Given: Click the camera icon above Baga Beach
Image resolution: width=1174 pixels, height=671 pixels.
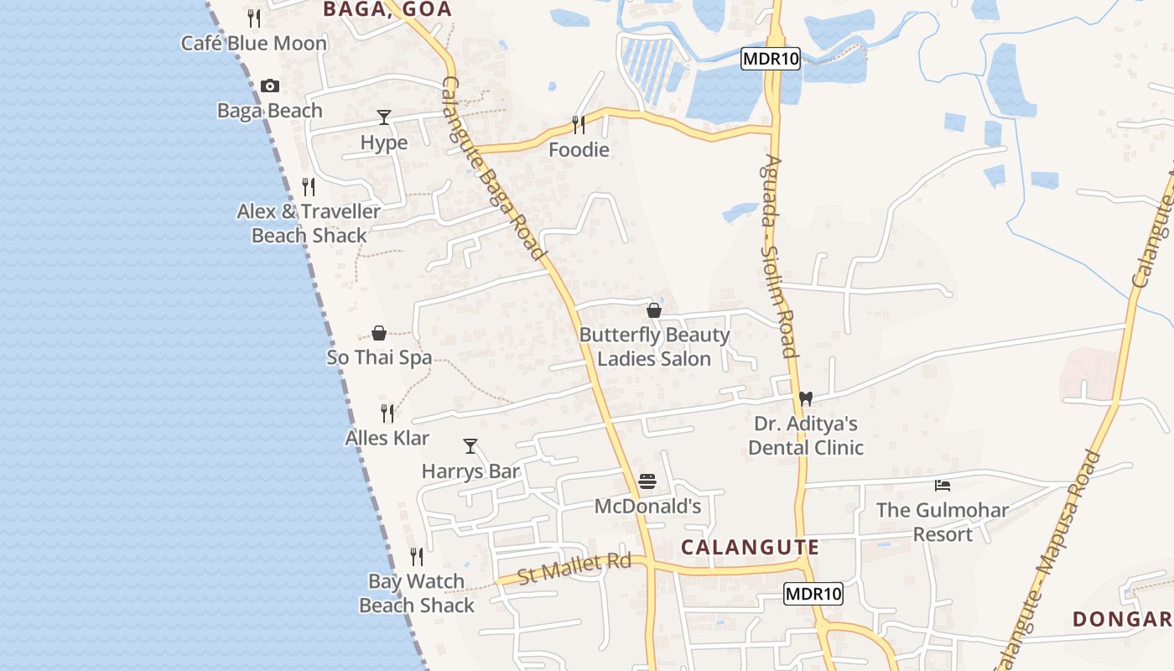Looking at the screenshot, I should click(x=269, y=86).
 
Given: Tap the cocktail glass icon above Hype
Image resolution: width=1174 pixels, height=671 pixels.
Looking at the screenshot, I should click(x=384, y=117).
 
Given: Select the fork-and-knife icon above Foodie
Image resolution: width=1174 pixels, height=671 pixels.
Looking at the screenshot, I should click(x=579, y=125).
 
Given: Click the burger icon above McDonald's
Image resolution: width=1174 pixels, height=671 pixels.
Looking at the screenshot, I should click(x=647, y=481).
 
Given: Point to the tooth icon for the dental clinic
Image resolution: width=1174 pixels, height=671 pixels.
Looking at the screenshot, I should click(x=806, y=399).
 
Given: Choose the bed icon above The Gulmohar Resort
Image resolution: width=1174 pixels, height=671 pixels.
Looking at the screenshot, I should click(x=943, y=485).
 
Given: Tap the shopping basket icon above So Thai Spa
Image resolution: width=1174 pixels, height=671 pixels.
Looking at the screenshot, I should click(x=379, y=333).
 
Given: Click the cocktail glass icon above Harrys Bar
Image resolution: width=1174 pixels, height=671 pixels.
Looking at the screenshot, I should click(x=470, y=446).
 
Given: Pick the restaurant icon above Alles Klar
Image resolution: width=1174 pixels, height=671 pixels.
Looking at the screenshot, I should click(x=387, y=414).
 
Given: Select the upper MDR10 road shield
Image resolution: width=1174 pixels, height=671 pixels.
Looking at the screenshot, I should click(x=771, y=58).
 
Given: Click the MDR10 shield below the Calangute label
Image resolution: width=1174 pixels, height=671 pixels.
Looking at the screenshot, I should click(x=813, y=594).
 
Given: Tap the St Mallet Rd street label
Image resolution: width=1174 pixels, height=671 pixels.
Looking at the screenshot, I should click(x=574, y=569).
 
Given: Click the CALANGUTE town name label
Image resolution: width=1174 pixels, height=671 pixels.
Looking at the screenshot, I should click(x=750, y=548).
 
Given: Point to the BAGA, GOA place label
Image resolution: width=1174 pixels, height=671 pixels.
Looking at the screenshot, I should click(x=387, y=10).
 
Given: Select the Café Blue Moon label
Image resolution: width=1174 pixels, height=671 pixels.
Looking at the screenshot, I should click(x=254, y=43).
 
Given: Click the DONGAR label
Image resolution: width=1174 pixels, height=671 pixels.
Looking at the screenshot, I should click(x=1122, y=619).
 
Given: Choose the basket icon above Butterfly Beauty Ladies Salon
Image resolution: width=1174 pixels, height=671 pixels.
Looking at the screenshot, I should click(x=654, y=310).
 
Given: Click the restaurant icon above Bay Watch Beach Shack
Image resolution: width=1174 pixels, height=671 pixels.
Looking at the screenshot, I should click(x=417, y=557).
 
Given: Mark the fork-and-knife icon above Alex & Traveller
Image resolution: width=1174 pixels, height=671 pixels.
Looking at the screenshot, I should click(x=309, y=187).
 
